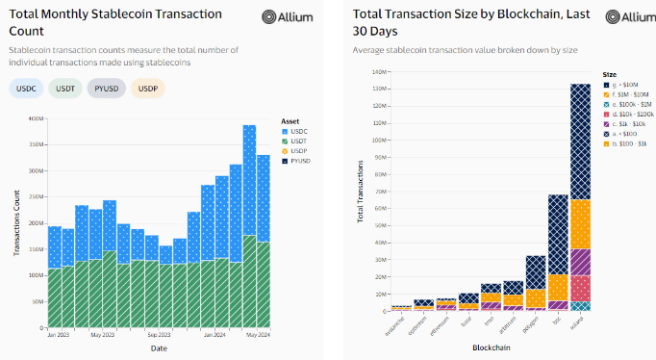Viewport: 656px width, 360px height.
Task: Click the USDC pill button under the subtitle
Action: pyautogui.click(x=28, y=89)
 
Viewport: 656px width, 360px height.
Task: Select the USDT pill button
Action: pyautogui.click(x=65, y=89)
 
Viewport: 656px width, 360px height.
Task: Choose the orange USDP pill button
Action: pyautogui.click(x=147, y=89)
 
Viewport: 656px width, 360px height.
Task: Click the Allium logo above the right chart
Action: pyautogui.click(x=632, y=16)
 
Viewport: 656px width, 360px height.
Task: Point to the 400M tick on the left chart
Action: pyautogui.click(x=36, y=119)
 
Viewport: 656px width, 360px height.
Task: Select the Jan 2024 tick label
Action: pyautogui.click(x=214, y=336)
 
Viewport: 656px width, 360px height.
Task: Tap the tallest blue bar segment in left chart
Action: pyautogui.click(x=248, y=179)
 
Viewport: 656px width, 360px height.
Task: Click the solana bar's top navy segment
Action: pyautogui.click(x=580, y=141)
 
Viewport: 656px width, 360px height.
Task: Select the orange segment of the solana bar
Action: pyautogui.click(x=580, y=223)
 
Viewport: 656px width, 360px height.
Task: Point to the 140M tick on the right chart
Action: pyautogui.click(x=380, y=72)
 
